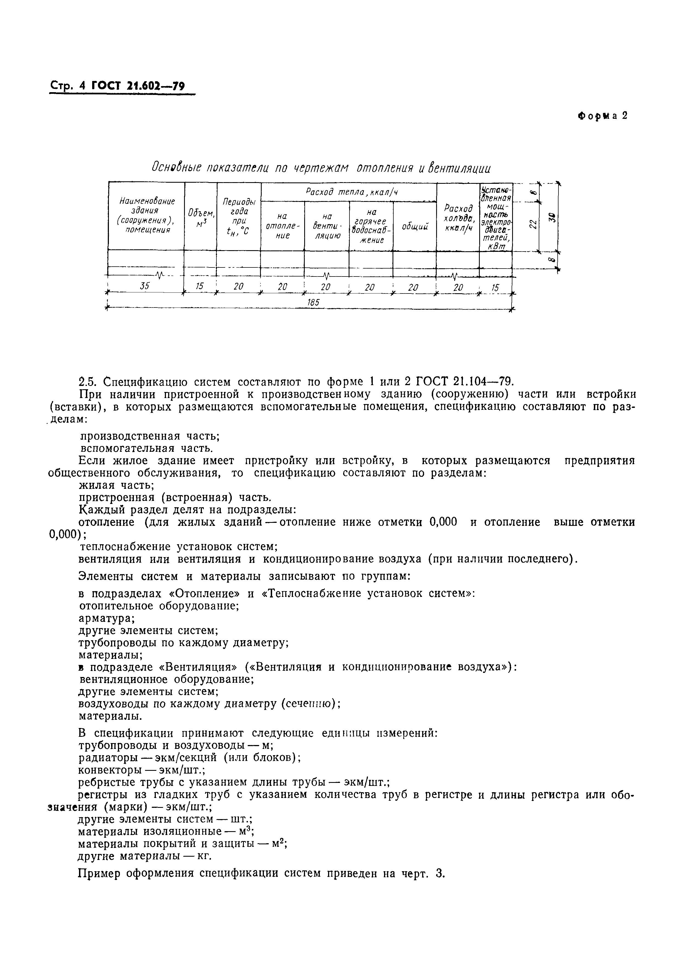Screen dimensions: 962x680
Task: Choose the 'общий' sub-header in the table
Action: coord(414,227)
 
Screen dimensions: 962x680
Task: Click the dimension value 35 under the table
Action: coord(145,286)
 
